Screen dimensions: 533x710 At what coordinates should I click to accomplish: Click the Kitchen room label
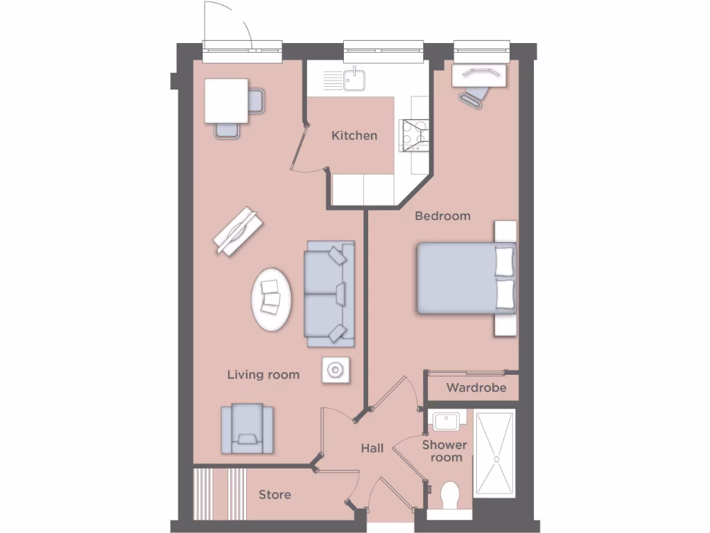point(354,135)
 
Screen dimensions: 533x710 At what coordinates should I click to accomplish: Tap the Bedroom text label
point(442,216)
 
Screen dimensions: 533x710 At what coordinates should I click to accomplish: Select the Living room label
point(263,375)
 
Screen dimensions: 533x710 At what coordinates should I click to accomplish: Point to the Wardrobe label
point(476,387)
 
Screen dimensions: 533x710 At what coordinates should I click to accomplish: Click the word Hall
point(372,448)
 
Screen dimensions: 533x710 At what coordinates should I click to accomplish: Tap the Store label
point(275,495)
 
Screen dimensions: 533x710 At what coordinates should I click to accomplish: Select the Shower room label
point(445,451)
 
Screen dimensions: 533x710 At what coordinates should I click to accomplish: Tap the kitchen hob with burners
point(414,135)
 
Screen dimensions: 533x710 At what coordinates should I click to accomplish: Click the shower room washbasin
point(446,421)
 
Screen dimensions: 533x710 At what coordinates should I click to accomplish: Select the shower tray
point(494,453)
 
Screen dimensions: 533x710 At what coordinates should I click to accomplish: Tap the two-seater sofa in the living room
point(329,293)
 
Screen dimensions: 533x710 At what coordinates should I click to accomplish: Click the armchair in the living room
point(247,428)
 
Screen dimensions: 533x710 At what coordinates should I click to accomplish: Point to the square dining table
point(227,101)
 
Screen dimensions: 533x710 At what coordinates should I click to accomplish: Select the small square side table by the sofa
point(336,371)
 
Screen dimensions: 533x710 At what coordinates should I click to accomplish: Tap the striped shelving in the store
point(220,493)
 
